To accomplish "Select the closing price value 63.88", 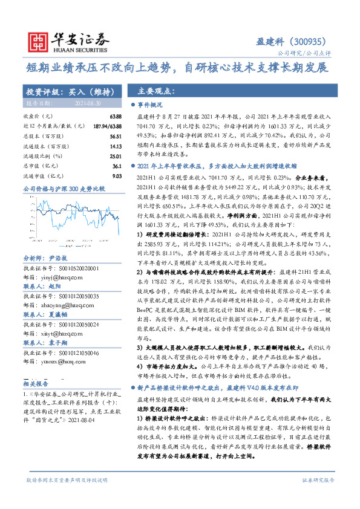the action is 114,115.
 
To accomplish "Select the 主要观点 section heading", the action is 156,92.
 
